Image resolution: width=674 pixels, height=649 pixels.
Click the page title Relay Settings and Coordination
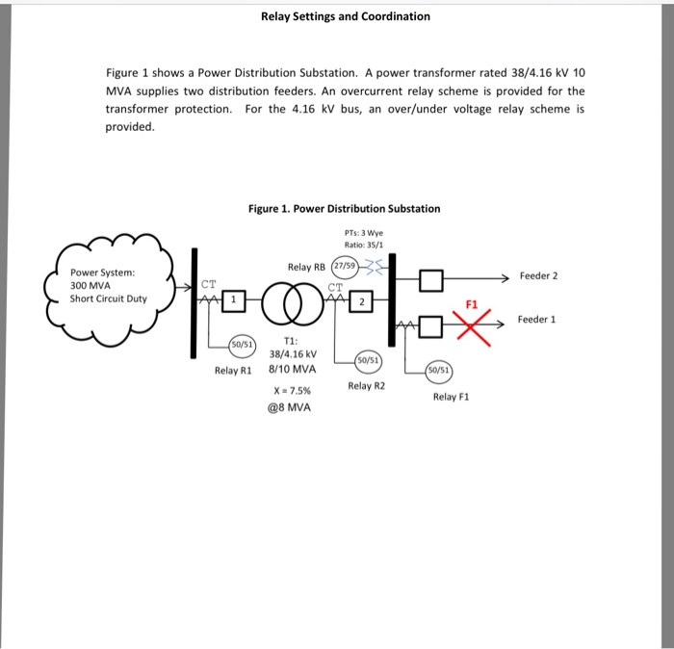346,16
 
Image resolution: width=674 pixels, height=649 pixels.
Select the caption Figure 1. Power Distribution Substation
344,208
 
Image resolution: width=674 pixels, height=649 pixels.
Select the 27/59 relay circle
344,266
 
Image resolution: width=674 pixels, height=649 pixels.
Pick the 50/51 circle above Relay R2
368,359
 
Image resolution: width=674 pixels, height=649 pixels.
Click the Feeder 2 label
538,275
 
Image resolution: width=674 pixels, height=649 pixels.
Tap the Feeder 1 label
537,319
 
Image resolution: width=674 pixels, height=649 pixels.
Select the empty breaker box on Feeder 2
431,281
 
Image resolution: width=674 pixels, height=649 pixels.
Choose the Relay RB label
306,267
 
